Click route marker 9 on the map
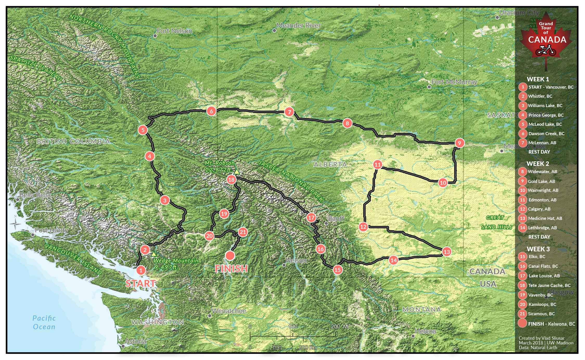(x=459, y=143)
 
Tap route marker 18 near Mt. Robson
(x=231, y=180)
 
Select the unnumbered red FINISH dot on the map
(x=230, y=256)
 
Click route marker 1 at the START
(x=141, y=270)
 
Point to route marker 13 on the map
(x=447, y=252)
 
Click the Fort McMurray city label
(x=454, y=82)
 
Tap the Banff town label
(x=336, y=219)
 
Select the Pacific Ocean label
(x=44, y=322)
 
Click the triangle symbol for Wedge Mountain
(x=154, y=254)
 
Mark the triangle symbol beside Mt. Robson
(x=236, y=172)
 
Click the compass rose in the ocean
(x=15, y=224)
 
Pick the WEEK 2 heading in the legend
(x=538, y=164)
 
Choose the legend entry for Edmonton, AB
(x=542, y=200)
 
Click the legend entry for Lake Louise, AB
(x=544, y=276)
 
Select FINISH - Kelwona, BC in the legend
(x=551, y=324)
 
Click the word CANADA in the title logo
(x=547, y=40)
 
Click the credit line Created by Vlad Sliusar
(x=542, y=338)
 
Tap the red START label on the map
(x=141, y=283)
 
